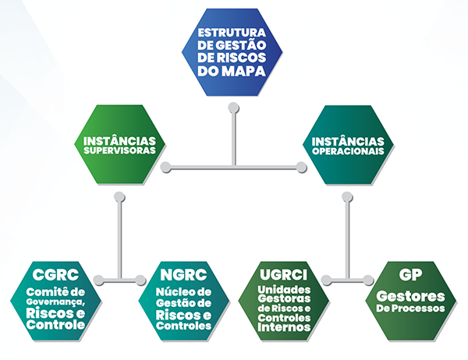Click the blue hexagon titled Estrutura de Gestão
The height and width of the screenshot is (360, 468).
pyautogui.click(x=232, y=53)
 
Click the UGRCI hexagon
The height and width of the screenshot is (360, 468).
pyautogui.click(x=285, y=300)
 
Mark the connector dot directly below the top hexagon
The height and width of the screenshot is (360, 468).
pyautogui.click(x=232, y=108)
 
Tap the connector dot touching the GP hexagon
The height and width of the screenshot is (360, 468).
pyautogui.click(x=369, y=279)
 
